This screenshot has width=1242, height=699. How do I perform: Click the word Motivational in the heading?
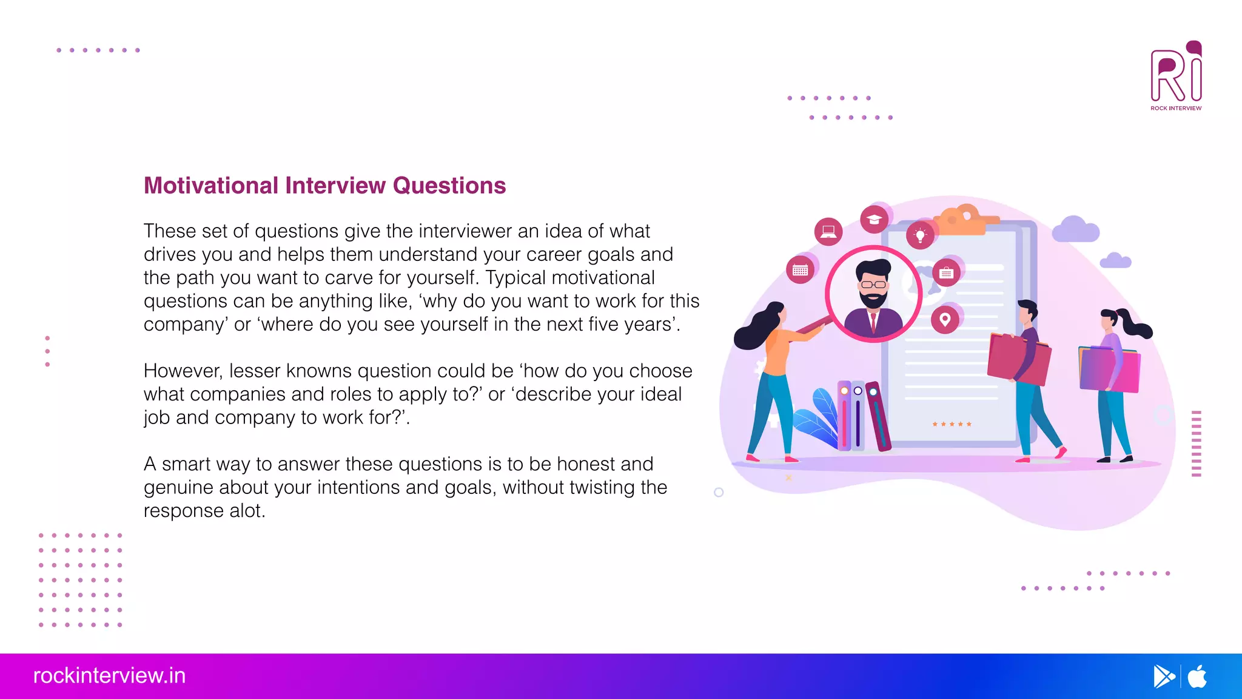[210, 186]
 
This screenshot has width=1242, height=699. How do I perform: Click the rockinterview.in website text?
[109, 675]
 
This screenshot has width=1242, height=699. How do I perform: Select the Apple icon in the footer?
[1197, 676]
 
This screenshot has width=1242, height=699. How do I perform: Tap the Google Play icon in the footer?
[1163, 676]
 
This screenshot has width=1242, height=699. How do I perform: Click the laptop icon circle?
[828, 231]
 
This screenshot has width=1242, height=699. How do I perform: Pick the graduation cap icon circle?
[874, 219]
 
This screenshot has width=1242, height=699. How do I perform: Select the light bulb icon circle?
[920, 235]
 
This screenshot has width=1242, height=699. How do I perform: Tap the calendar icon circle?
[800, 270]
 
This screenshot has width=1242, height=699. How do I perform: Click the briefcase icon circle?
[946, 273]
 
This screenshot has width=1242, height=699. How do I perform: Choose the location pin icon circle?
[945, 320]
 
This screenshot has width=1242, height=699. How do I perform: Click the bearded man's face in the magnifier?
[873, 285]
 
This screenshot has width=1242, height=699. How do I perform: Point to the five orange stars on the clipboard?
[952, 424]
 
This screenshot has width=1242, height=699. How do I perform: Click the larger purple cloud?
[1075, 229]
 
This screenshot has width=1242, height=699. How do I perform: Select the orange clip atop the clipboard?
[964, 221]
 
